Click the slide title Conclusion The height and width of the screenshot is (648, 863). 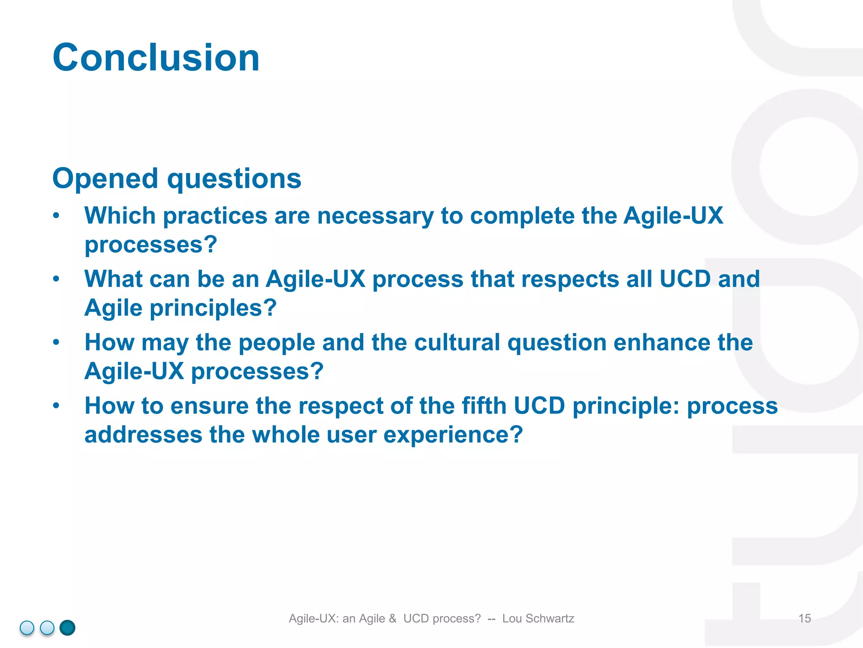point(156,58)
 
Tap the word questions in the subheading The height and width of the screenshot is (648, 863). point(234,179)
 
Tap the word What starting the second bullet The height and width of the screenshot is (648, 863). point(113,279)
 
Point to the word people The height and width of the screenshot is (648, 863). point(276,342)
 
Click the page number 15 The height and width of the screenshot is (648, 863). point(804,618)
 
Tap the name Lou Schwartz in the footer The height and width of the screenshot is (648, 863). point(538,618)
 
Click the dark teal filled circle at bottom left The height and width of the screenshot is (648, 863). point(67,628)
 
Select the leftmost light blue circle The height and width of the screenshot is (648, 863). point(27,628)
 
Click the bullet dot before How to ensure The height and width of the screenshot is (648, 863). point(56,406)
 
